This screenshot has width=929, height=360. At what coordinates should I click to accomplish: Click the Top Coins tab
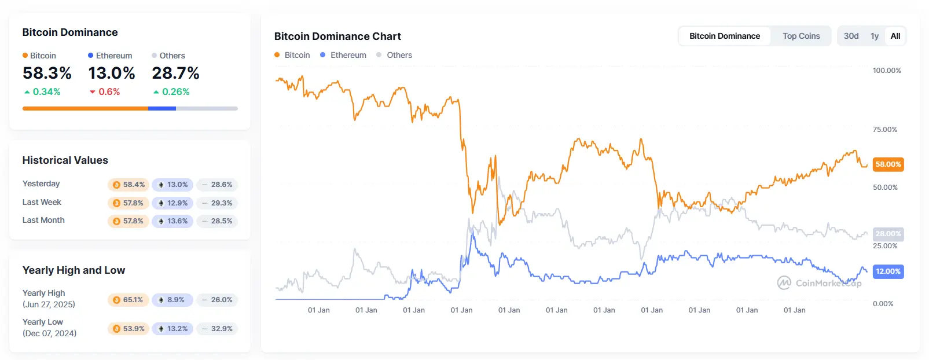801,36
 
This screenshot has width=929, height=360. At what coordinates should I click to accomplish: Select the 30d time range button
851,36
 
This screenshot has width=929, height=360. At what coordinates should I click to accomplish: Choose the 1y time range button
875,36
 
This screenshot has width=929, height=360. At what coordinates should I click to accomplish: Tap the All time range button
895,36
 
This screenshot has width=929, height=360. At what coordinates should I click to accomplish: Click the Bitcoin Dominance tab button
725,36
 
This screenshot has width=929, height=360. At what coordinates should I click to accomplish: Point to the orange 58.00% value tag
888,164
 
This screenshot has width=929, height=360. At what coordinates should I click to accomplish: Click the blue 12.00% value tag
888,271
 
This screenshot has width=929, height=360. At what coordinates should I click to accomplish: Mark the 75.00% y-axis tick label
885,130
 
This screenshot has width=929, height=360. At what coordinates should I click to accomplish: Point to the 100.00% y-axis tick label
887,71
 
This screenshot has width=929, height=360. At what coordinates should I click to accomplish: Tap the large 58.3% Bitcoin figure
47,74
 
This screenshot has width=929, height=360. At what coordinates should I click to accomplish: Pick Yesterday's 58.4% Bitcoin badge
128,185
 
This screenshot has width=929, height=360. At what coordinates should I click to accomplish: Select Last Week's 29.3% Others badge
217,203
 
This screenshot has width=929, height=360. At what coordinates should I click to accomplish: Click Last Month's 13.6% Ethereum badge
172,221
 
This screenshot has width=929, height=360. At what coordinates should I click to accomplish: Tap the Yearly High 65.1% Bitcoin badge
128,300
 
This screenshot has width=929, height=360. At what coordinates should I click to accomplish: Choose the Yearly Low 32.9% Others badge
217,329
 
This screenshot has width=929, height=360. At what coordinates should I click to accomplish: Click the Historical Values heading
65,160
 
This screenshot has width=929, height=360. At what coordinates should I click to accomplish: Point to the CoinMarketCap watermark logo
819,283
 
